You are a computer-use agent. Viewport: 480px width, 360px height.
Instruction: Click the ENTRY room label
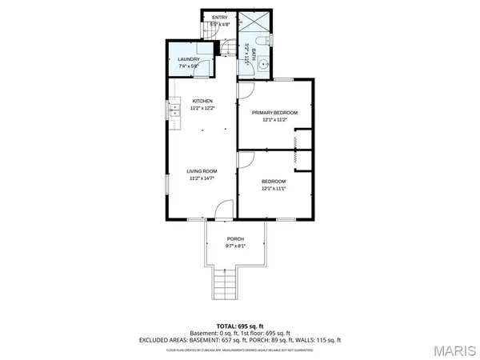point(214,16)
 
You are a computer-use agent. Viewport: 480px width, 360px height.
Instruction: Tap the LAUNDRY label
point(189,58)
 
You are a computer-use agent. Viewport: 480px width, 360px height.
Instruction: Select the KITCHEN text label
point(202,100)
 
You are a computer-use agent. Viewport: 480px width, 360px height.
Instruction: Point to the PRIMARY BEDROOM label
point(274,113)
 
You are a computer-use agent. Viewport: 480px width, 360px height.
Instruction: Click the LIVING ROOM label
point(202,171)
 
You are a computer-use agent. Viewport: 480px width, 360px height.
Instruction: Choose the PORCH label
point(235,239)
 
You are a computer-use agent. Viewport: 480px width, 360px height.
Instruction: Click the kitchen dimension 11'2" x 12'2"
point(202,107)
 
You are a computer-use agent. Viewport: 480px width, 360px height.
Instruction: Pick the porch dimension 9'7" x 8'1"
point(235,246)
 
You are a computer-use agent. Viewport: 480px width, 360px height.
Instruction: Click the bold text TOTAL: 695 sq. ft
point(239,326)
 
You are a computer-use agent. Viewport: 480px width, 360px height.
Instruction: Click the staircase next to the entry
point(230,50)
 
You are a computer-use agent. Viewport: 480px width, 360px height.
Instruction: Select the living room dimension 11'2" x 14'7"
point(202,178)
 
